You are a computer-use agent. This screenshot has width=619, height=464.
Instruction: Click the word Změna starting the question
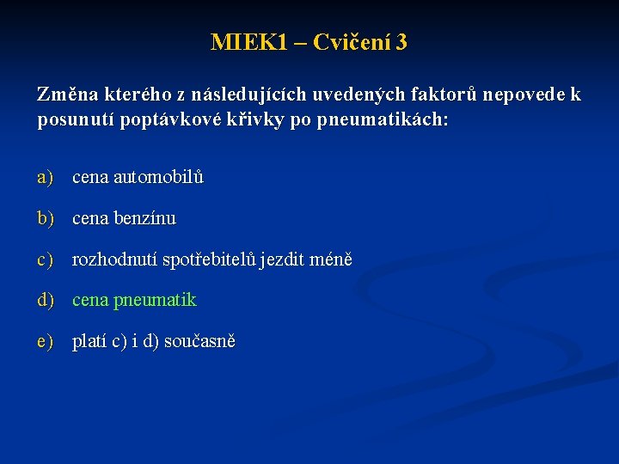(x=66, y=95)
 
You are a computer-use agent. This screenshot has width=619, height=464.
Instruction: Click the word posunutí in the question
(x=74, y=119)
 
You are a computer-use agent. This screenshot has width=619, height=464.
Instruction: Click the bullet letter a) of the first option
(x=45, y=178)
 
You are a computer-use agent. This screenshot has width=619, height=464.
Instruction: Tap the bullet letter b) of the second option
(x=45, y=219)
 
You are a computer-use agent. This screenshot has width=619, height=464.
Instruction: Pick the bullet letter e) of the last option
(x=45, y=342)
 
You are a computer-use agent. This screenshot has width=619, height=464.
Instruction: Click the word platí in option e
(x=89, y=342)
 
